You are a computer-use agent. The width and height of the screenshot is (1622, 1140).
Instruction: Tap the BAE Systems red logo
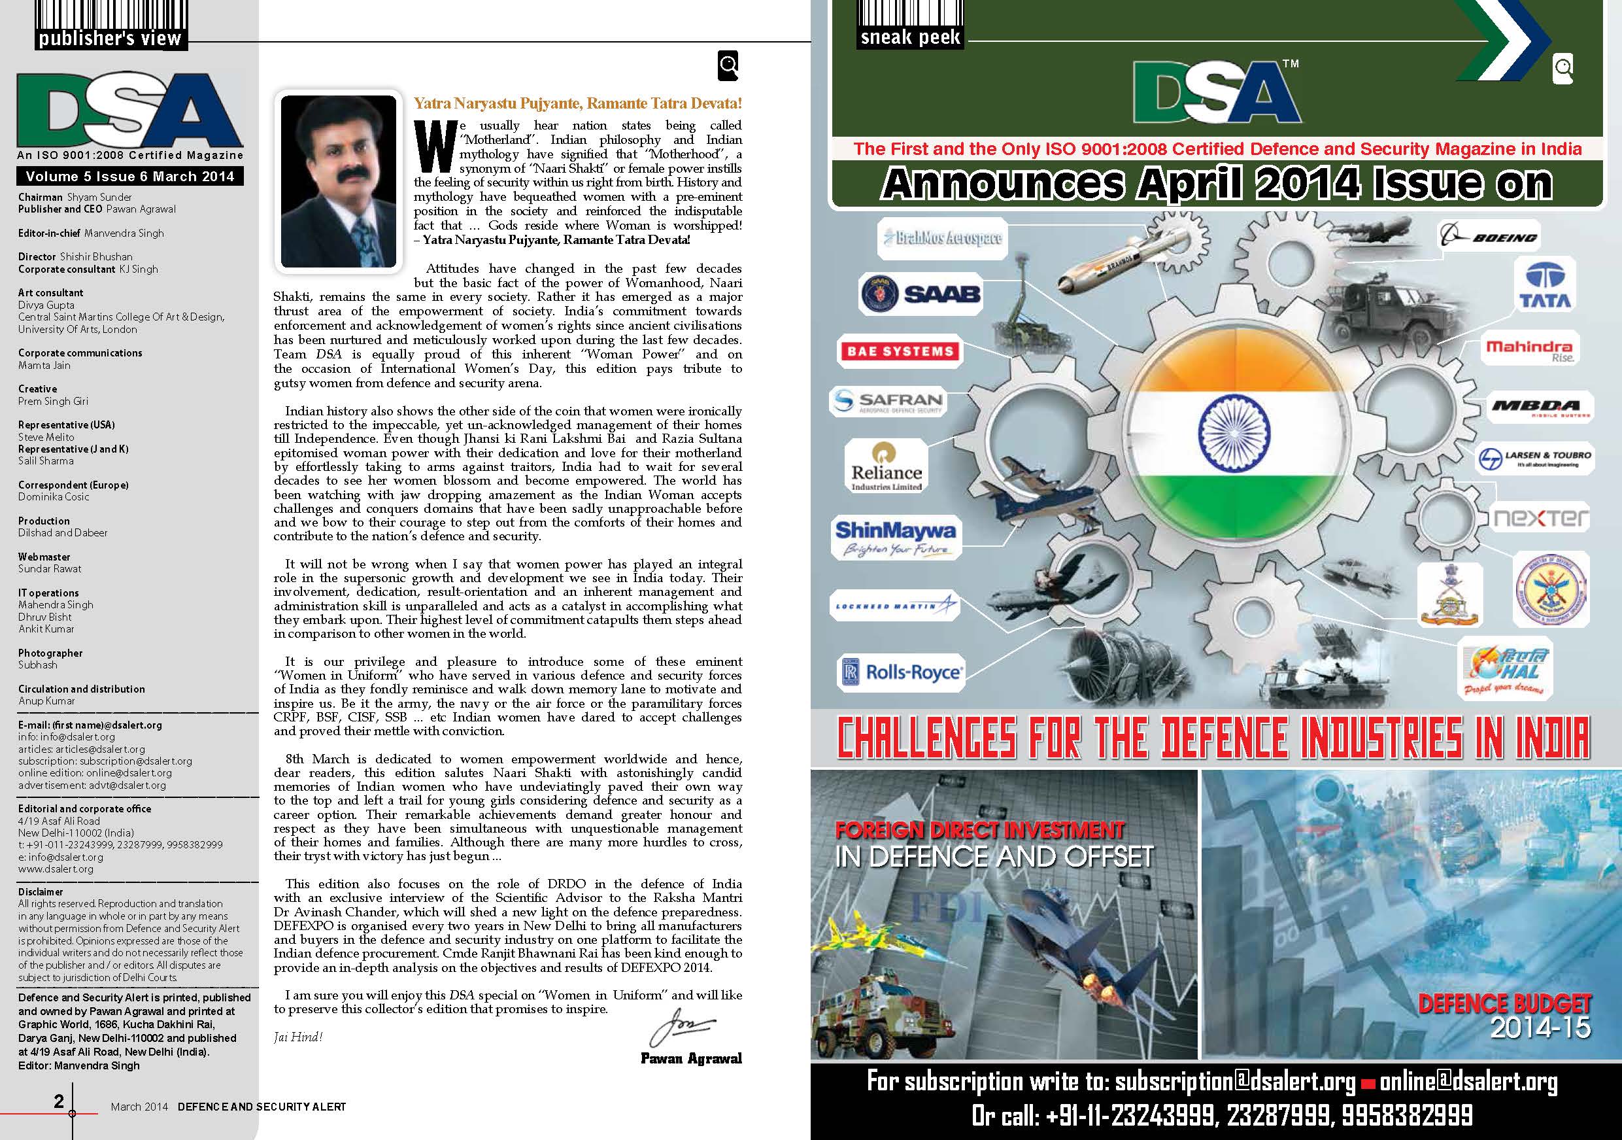click(x=900, y=351)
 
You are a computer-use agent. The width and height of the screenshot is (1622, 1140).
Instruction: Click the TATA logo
click(x=1544, y=286)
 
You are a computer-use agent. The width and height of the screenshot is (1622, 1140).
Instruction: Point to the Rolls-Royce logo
click(x=902, y=672)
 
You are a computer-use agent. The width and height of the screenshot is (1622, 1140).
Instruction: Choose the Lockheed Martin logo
click(x=894, y=606)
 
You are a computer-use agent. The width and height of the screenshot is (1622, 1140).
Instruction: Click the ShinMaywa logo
click(x=895, y=537)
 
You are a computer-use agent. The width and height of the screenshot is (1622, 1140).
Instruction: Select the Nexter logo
click(x=1540, y=518)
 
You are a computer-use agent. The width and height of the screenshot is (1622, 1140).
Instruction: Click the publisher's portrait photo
click(x=339, y=181)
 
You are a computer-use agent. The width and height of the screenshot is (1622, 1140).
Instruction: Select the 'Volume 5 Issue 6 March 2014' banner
click(x=130, y=176)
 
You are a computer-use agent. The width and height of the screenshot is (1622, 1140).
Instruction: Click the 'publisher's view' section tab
click(x=110, y=38)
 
